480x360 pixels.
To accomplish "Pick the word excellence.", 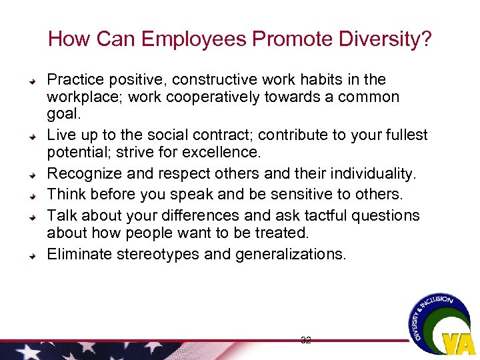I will [x=215, y=153].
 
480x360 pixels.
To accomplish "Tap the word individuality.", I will [x=360, y=174].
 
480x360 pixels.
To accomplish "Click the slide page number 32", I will [x=306, y=340].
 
